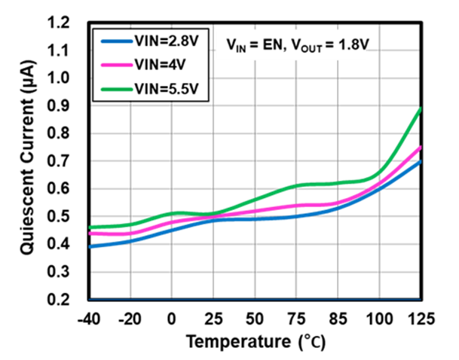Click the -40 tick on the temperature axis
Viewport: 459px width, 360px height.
coord(90,319)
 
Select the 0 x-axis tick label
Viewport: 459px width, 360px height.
coord(172,319)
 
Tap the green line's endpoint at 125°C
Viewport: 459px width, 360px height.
coord(420,108)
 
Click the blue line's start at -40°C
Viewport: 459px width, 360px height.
coord(90,246)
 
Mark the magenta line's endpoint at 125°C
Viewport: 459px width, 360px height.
coord(420,147)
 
